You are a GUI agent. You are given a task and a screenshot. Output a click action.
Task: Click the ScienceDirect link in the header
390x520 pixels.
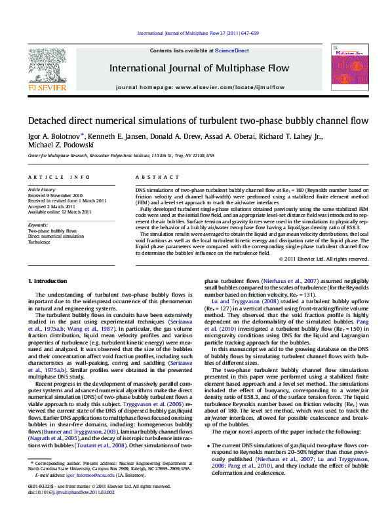pyautogui.click(x=232, y=50)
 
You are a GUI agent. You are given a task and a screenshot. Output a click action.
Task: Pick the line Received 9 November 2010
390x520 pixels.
pyautogui.click(x=55, y=195)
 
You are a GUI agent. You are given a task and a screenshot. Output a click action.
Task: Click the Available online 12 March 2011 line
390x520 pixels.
pyautogui.click(x=60, y=212)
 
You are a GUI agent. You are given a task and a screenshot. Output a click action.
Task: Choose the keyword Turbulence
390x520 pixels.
pyautogui.click(x=39, y=242)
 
